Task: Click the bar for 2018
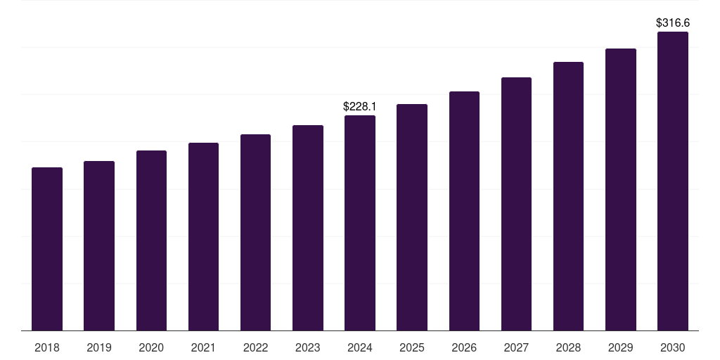47,249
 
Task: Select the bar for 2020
151,240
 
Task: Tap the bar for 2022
255,232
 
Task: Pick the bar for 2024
360,223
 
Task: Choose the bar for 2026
464,211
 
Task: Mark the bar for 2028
568,196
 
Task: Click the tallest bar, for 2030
673,181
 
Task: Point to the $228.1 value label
360,106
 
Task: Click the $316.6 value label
673,23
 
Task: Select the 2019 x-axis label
99,347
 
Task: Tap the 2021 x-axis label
203,347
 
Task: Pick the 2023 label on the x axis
308,347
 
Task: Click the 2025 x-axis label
412,347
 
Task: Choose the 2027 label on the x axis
516,347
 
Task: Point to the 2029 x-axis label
621,347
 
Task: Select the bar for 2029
621,189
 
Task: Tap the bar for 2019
99,245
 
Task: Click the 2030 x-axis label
673,347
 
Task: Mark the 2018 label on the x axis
47,347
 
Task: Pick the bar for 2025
412,217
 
